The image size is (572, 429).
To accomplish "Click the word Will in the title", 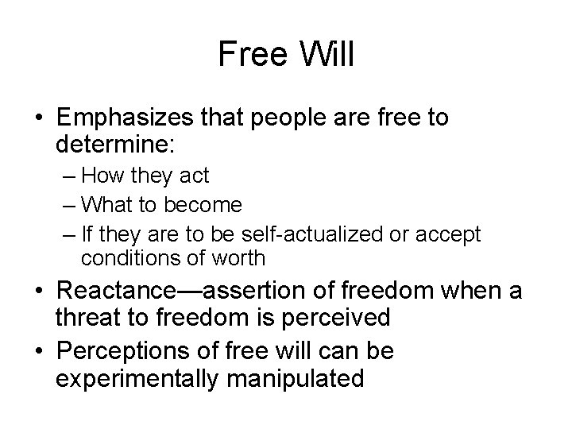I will [x=327, y=55].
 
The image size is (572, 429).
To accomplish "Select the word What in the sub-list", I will [x=105, y=206].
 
